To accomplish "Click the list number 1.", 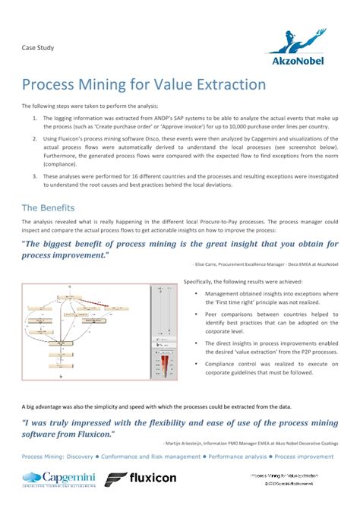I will (x=34, y=119).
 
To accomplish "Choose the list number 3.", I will (x=34, y=175).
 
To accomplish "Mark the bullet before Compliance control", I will (x=196, y=364).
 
